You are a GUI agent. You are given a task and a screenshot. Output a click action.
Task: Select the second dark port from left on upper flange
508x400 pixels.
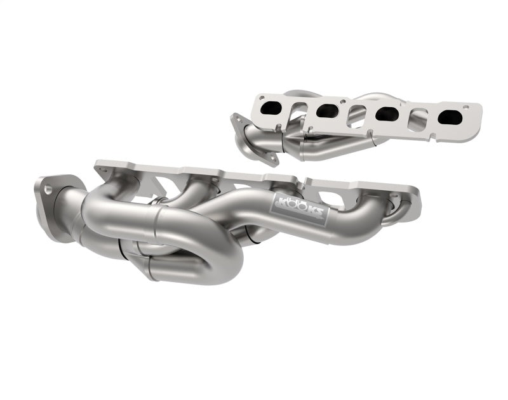coord(326,111)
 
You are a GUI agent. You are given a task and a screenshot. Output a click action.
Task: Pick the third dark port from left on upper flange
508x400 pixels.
coord(386,114)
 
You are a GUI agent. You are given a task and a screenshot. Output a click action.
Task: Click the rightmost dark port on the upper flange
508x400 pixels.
coord(449,118)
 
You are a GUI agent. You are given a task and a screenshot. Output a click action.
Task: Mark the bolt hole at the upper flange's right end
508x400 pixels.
coord(475,113)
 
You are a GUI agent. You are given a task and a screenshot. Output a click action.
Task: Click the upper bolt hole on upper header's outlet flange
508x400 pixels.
coord(239,117)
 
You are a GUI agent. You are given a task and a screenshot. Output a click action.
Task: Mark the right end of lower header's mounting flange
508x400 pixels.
coord(413,190)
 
